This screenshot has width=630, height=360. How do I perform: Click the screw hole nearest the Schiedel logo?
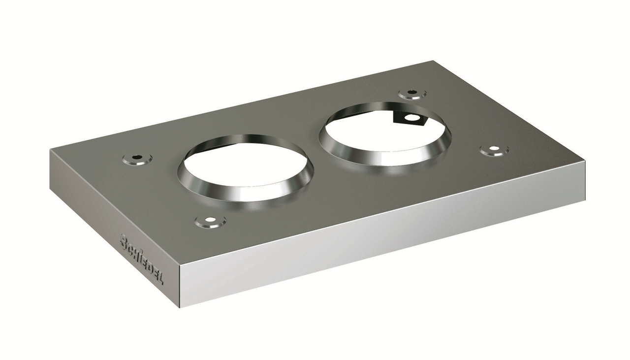[x=210, y=221]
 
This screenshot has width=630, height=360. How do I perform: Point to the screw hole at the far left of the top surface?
[x=137, y=158]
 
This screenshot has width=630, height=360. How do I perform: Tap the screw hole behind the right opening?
[x=412, y=93]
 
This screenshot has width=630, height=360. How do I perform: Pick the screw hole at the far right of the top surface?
[x=494, y=150]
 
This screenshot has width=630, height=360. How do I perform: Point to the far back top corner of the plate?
[x=433, y=61]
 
